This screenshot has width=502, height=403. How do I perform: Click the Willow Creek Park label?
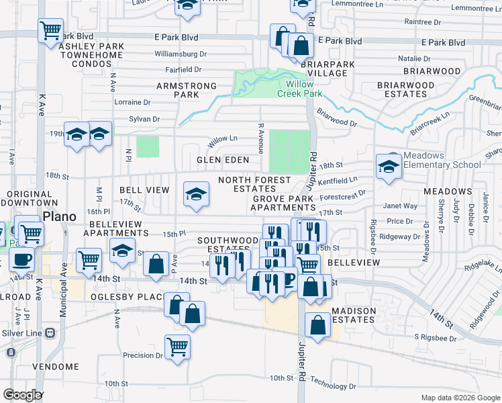point(299,89)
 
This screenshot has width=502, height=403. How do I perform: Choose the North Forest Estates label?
point(255,184)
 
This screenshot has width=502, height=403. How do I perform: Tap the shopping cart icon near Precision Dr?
point(178,347)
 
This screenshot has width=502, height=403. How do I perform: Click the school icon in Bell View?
point(196,195)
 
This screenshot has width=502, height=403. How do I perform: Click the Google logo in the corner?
point(23,394)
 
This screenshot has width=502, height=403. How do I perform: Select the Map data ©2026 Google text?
point(460,398)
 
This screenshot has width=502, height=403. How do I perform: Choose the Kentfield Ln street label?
point(338,180)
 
